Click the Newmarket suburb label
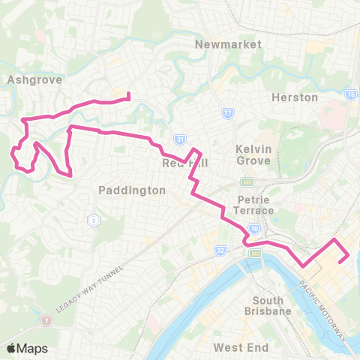coord(228,44)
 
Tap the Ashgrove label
coord(28,78)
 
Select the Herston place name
coord(294,97)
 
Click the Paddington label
coord(132,190)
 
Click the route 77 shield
coord(227,112)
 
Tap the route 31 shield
coord(178,139)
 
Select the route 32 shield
coord(220,248)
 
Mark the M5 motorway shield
coord(245,182)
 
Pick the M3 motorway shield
coord(255,255)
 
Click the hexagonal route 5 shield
coord(94,220)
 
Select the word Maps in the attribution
coord(33,348)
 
